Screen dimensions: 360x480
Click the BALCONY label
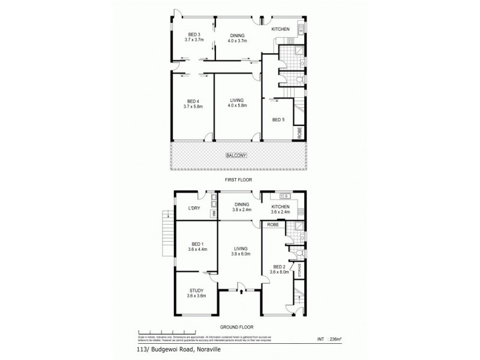click(237, 156)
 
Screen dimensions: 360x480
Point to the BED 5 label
click(278, 120)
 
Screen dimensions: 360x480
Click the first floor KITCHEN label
click(281, 29)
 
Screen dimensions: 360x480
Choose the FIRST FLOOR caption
click(238, 179)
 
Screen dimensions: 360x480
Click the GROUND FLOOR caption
click(238, 326)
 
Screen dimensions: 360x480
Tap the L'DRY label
click(194, 208)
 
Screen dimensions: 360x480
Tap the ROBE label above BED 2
click(273, 224)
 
